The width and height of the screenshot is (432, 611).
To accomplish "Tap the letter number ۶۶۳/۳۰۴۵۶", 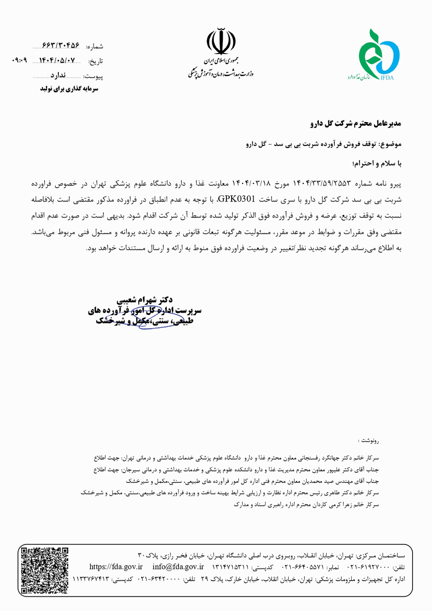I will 61,46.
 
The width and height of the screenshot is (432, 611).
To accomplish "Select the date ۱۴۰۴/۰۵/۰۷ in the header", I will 57,61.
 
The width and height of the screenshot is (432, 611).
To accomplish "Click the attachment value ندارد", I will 57,76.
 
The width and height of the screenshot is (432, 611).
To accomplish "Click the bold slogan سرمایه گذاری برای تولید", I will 70,89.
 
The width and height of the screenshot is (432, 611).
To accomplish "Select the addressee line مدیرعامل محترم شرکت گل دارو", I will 356,124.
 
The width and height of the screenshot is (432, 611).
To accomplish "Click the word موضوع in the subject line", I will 391,144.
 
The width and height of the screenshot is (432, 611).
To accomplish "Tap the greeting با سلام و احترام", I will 377,164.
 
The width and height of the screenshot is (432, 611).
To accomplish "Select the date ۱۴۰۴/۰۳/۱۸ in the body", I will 251,184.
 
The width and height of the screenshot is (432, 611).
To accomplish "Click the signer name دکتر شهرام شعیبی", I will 145,300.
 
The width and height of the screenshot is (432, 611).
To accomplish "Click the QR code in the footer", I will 45,570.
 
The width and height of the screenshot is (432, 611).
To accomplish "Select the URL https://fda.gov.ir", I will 116,567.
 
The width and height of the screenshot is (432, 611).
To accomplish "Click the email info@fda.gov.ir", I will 178,567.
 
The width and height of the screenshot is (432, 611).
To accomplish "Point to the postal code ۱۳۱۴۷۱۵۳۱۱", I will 230,567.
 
